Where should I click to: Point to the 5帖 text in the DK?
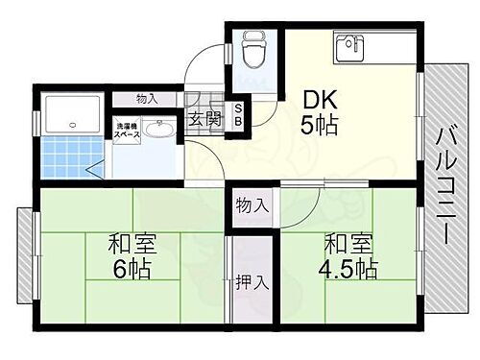pos(321,126)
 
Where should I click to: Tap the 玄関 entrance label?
pos(203,120)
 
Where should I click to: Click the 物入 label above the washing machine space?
pos(147,99)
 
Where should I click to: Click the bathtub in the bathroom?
pos(73,114)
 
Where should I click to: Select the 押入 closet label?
pos(247,283)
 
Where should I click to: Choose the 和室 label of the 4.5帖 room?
pos(344,242)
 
